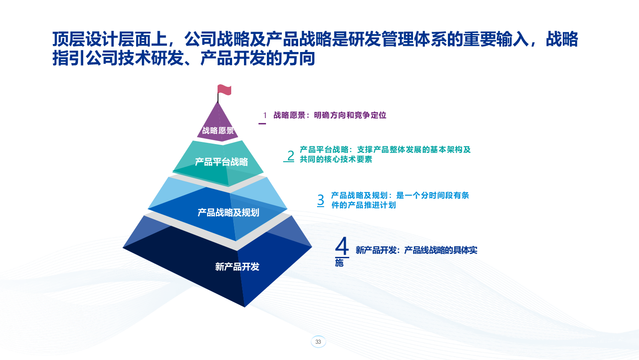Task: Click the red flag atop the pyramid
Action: [224, 89]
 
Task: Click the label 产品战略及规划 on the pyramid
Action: [228, 212]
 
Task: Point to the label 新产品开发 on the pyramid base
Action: [237, 267]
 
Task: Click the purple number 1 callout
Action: [265, 115]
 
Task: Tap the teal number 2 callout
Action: [291, 156]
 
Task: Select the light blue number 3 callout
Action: [321, 200]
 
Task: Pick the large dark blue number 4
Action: [342, 246]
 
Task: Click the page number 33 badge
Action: [318, 342]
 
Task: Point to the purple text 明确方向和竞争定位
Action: [350, 115]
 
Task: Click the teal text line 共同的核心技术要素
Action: [336, 160]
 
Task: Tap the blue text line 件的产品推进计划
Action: [363, 205]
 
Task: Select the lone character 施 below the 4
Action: [339, 263]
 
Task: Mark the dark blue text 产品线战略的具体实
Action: [441, 250]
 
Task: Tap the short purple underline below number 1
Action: [262, 124]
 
